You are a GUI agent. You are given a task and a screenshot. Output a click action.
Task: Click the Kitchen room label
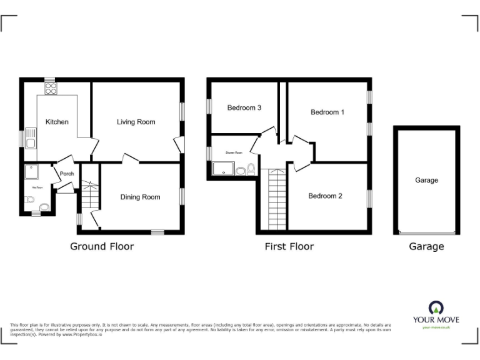[57, 122]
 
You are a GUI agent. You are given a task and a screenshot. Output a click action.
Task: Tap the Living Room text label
[136, 122]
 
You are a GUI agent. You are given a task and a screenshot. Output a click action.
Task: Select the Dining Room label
[140, 197]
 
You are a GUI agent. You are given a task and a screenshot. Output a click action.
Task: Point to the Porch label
[67, 174]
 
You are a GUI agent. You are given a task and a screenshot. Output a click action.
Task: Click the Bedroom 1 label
[327, 112]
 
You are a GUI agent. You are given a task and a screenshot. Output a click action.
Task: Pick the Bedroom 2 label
[325, 196]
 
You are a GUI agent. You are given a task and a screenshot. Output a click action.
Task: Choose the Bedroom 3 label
[244, 108]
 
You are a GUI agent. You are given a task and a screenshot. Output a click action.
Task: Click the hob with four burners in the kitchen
[49, 88]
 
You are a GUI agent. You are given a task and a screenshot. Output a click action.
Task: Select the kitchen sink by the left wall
[31, 143]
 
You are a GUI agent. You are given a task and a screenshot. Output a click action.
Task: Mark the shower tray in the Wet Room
[31, 172]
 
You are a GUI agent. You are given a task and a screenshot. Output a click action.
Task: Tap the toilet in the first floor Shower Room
[251, 169]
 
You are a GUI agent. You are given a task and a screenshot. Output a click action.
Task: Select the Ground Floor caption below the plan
[101, 246]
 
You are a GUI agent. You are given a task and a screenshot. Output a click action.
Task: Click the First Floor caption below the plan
[289, 246]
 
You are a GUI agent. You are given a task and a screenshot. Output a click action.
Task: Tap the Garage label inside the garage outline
[426, 180]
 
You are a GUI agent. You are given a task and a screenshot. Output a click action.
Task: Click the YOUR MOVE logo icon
[436, 307]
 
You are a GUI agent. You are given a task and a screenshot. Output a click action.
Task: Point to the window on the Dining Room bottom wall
[157, 232]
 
